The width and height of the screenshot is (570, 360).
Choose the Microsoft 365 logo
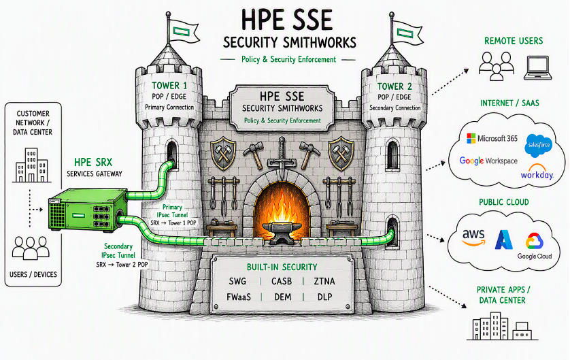point(492,138)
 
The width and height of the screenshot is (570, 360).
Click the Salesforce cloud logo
point(539,145)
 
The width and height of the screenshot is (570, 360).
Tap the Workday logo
point(537,171)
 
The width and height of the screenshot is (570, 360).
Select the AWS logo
point(473,238)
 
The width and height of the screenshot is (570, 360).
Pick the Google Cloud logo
point(535,246)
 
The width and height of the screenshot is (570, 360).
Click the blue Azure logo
point(504,240)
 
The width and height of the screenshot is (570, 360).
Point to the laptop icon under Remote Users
point(537,67)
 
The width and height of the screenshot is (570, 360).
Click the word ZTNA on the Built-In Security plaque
point(324,281)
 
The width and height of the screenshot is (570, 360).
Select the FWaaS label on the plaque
point(239,297)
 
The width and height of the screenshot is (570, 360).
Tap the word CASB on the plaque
point(282,281)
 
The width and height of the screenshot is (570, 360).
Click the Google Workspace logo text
point(488,161)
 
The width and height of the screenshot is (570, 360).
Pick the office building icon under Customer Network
point(31,165)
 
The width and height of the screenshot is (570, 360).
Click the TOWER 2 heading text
point(395,86)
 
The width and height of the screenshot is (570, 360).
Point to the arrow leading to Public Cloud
point(435,238)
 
